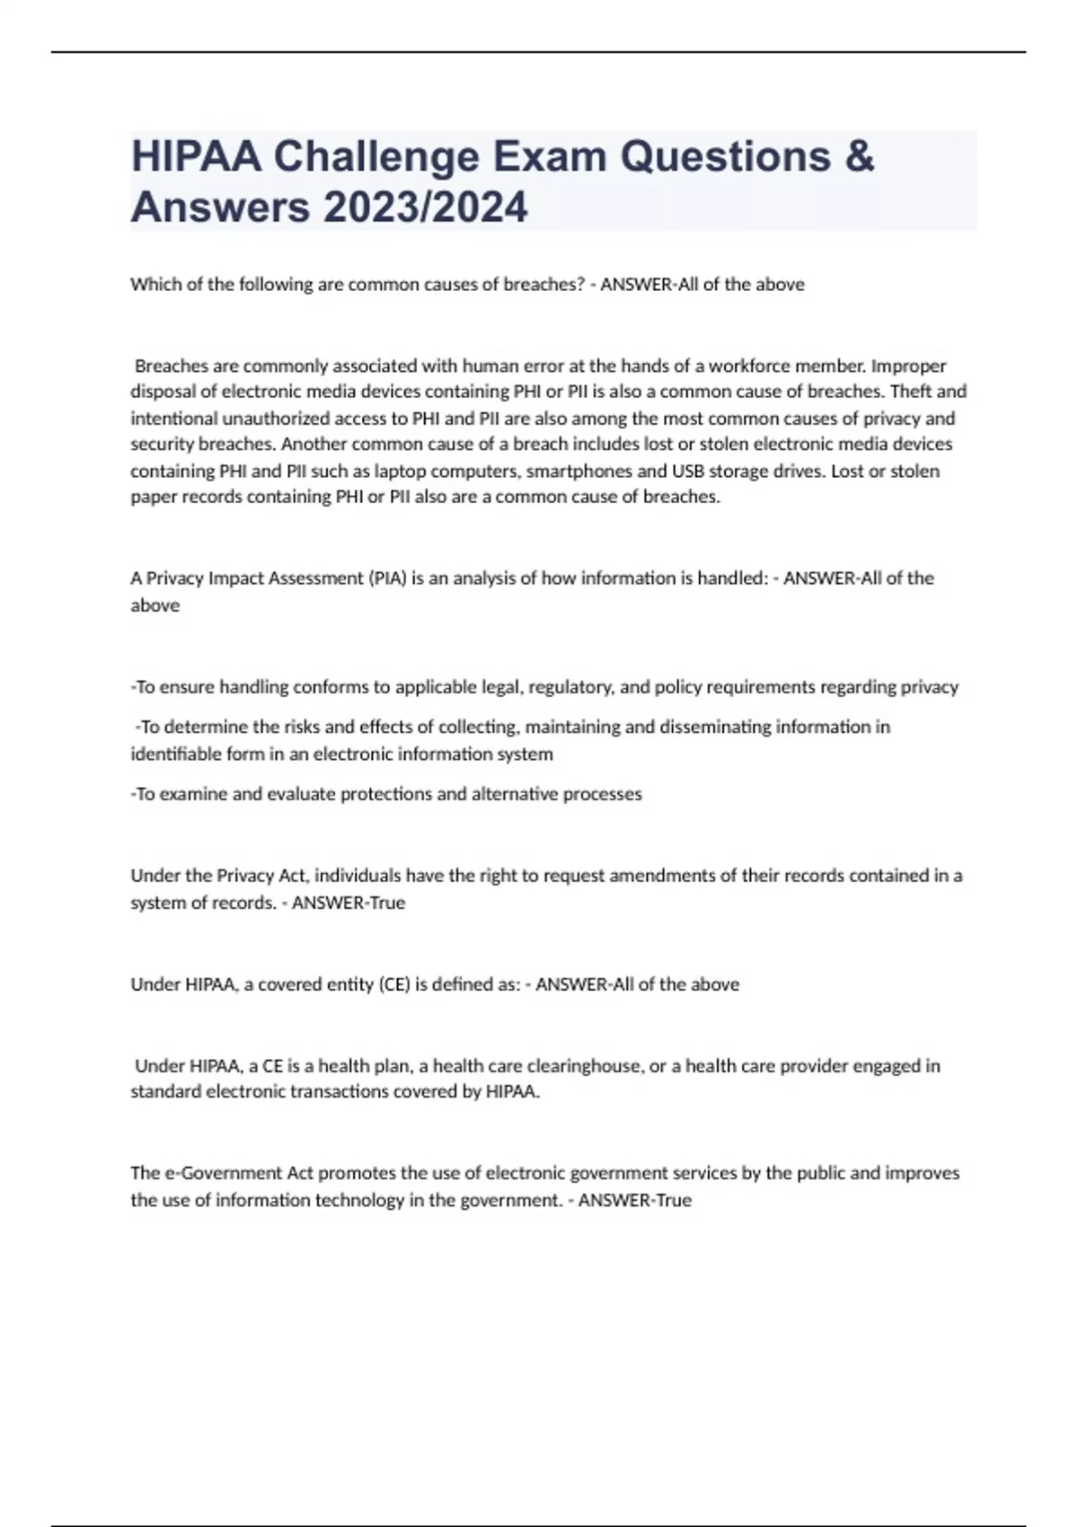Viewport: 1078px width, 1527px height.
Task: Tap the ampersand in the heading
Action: pyautogui.click(x=859, y=156)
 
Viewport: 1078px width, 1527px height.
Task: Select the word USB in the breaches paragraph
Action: pyautogui.click(x=688, y=471)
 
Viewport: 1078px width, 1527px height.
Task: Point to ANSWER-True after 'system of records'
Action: pyautogui.click(x=349, y=903)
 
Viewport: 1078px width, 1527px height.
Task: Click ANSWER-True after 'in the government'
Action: pyautogui.click(x=635, y=1200)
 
